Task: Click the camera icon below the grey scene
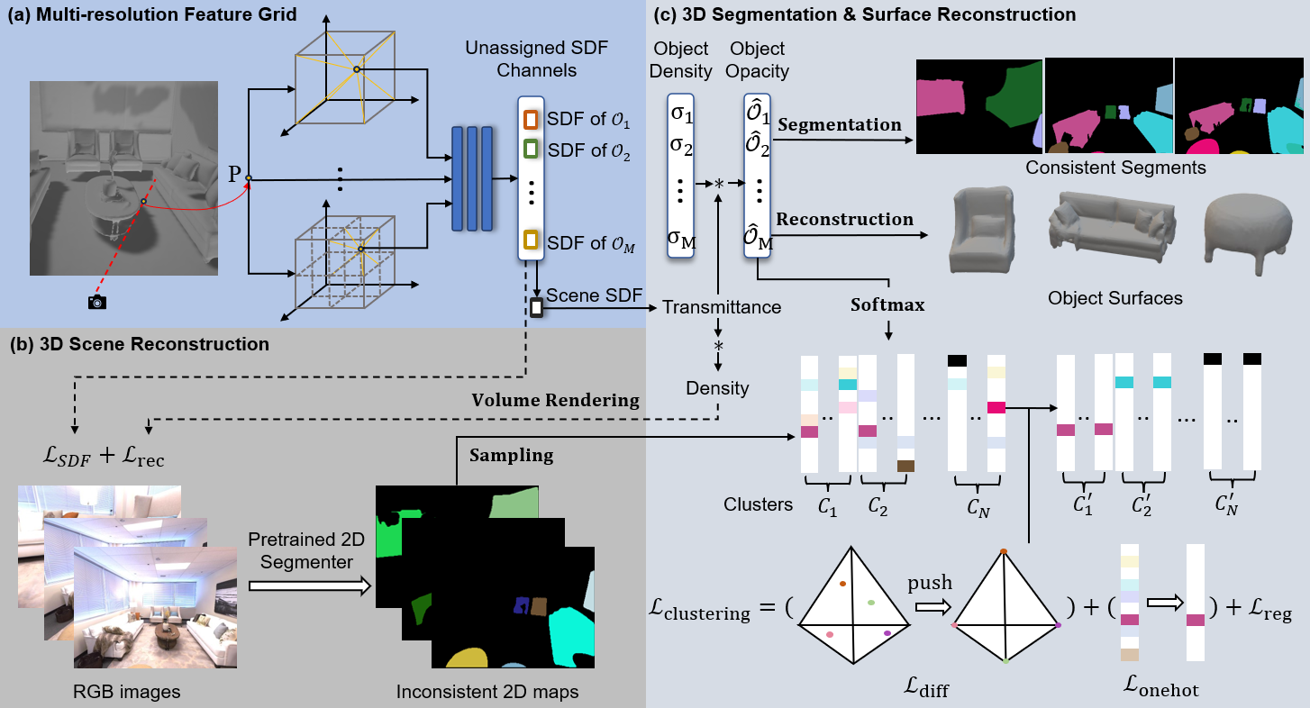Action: [96, 302]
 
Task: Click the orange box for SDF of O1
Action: [532, 119]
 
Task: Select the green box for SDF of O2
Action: [532, 148]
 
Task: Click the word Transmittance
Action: [722, 307]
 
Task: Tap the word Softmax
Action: [887, 304]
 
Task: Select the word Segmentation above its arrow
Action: [839, 125]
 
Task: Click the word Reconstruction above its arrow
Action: [844, 219]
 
